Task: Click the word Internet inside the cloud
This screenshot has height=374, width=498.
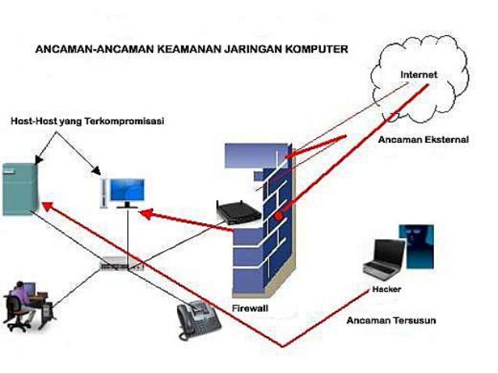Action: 418,75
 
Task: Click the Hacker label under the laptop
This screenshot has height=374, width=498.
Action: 382,290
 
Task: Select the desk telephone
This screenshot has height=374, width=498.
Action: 196,321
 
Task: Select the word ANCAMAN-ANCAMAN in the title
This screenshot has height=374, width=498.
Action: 88,49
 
